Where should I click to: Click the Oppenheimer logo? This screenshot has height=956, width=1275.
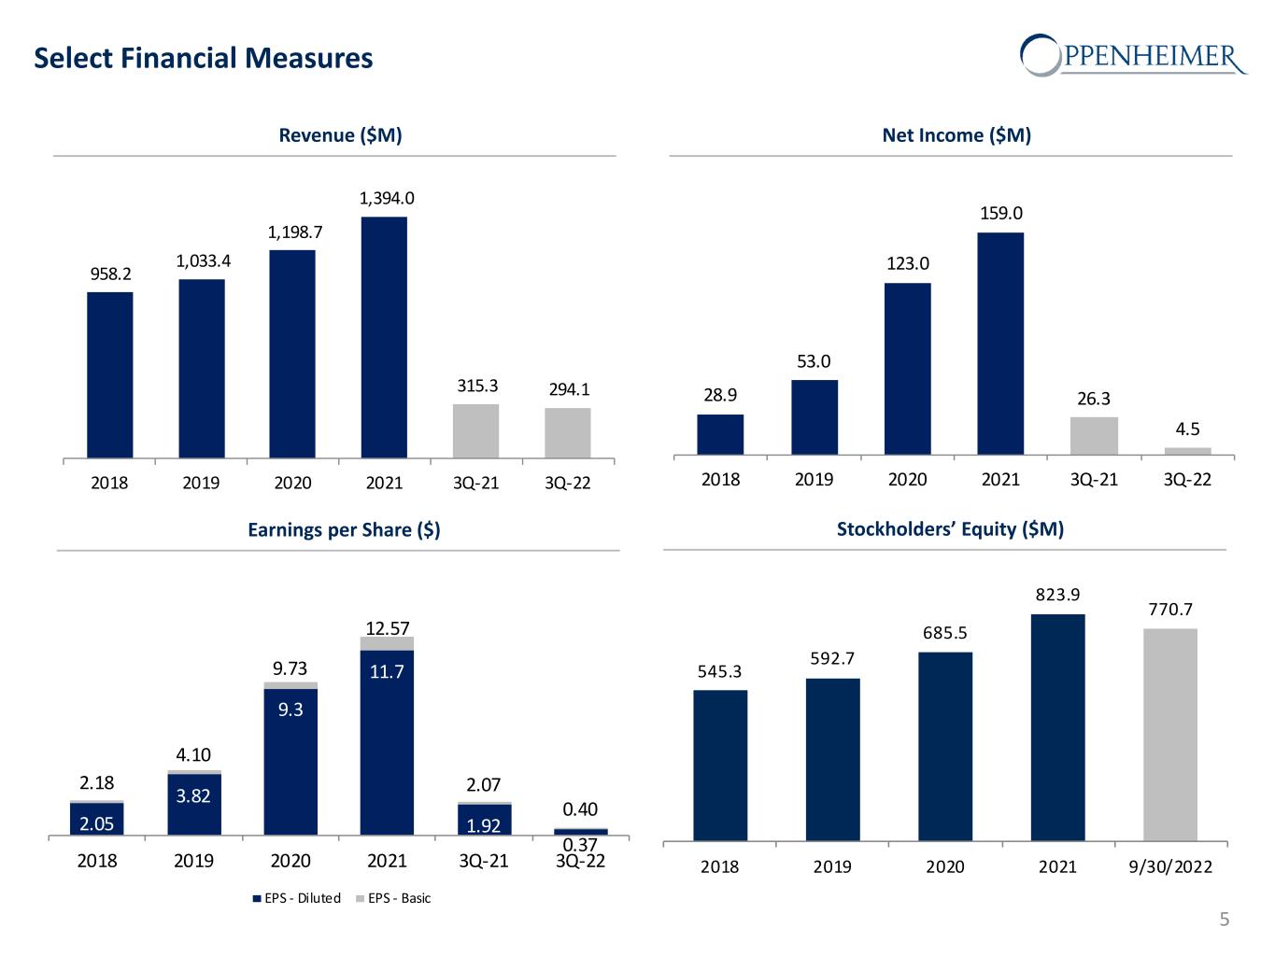tap(1132, 55)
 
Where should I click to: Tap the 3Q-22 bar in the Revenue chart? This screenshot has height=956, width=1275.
tap(568, 432)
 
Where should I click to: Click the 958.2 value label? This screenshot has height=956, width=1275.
tap(110, 274)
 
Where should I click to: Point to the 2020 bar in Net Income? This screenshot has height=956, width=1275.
tap(907, 368)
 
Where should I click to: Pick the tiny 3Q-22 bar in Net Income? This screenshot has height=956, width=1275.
tap(1187, 451)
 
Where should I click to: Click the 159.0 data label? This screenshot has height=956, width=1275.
tap(1000, 214)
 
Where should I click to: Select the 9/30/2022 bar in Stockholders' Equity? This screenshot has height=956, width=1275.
tap(1169, 734)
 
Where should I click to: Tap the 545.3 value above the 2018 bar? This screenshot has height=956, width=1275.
tap(719, 671)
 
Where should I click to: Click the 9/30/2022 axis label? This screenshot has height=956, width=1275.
tap(1169, 867)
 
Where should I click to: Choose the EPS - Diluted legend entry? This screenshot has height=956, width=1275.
tap(296, 898)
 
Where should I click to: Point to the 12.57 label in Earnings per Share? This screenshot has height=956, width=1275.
tap(387, 628)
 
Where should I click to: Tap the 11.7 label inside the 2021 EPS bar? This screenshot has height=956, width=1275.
tap(387, 671)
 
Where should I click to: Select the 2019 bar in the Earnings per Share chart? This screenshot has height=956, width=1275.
tap(194, 804)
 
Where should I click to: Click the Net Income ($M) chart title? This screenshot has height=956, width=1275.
tap(956, 135)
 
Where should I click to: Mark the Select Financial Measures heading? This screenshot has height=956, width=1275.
tap(204, 59)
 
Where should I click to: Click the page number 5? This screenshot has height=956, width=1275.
tap(1225, 921)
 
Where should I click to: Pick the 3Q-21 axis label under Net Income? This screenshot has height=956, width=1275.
tap(1094, 480)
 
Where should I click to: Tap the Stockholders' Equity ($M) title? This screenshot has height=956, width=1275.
tap(950, 529)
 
